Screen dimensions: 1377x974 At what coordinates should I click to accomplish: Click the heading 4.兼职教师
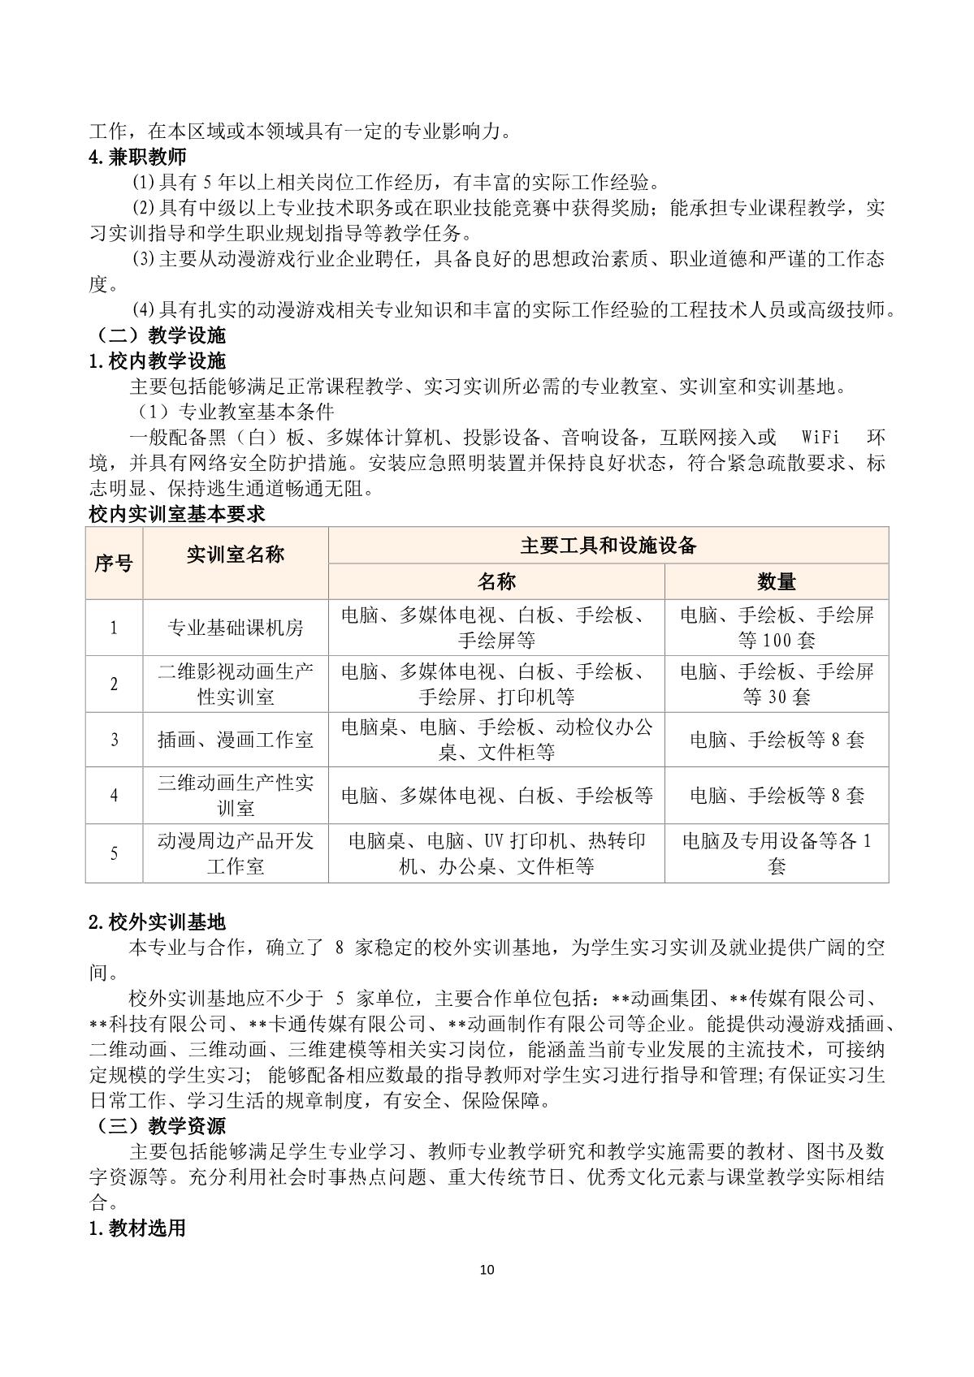click(137, 158)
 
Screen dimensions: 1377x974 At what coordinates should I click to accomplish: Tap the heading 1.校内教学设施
click(157, 361)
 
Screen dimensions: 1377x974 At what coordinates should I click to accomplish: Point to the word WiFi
click(820, 438)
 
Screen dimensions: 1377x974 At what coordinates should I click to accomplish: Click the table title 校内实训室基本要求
click(176, 514)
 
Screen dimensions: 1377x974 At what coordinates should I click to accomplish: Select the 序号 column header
click(114, 563)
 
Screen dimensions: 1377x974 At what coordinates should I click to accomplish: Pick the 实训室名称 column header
click(236, 555)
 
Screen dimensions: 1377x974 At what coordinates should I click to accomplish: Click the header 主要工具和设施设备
click(608, 546)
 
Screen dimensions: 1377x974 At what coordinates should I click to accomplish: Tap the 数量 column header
click(776, 581)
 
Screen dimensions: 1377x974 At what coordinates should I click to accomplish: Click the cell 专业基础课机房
click(236, 628)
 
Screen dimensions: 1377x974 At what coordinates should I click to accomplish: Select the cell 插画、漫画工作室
click(236, 740)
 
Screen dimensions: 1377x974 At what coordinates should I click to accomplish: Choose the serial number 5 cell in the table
click(114, 853)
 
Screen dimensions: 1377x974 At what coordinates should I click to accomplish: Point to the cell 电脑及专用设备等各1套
click(776, 853)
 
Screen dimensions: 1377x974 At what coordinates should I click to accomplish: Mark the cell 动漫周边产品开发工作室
click(236, 853)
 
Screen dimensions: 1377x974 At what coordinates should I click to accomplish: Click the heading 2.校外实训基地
click(157, 922)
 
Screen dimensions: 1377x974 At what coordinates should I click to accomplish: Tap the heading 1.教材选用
click(137, 1228)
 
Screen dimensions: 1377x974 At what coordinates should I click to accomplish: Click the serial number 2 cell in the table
click(114, 684)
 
